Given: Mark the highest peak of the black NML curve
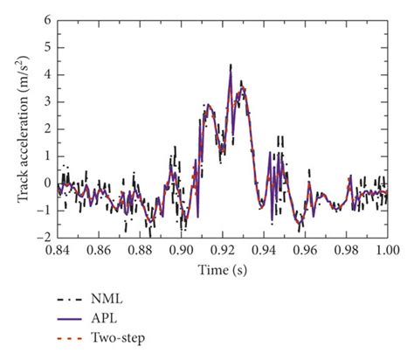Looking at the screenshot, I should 231,65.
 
